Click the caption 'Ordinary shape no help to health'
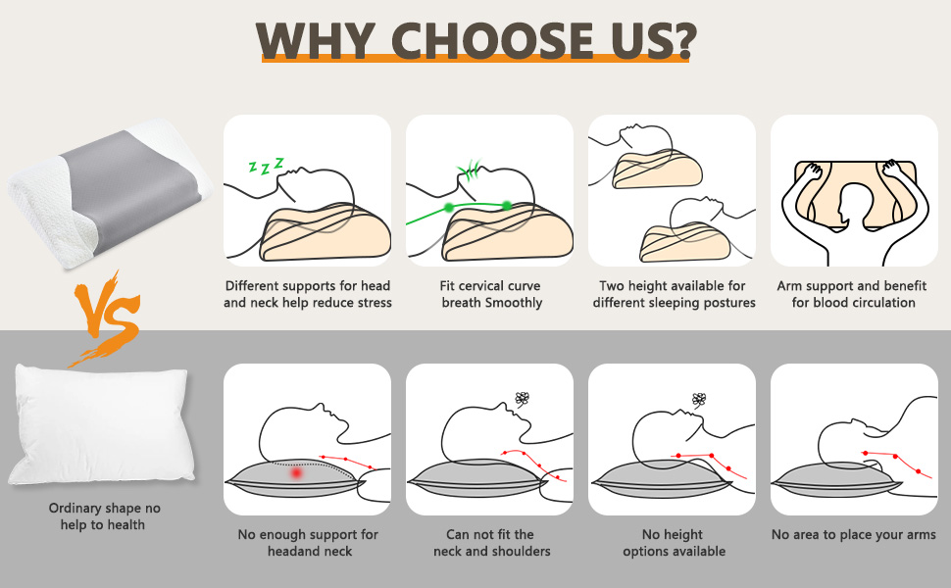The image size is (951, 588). [104, 516]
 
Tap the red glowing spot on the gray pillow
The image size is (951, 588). [296, 473]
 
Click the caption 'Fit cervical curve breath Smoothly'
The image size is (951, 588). [490, 294]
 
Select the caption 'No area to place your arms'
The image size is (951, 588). [853, 534]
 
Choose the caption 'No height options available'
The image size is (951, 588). [673, 542]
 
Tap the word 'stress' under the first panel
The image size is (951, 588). [372, 303]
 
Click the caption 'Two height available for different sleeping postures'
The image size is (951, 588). [673, 294]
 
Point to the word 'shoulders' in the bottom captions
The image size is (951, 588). [521, 551]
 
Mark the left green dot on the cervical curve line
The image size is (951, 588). [448, 208]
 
